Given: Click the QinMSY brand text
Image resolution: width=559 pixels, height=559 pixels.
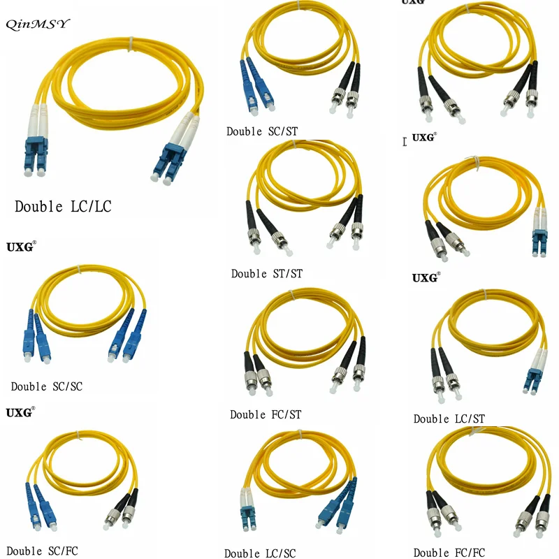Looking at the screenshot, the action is pyautogui.click(x=38, y=24).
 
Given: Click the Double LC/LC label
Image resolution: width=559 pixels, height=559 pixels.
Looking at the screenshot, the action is pyautogui.click(x=63, y=207).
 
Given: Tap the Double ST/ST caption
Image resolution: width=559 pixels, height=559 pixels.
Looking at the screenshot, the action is pyautogui.click(x=267, y=273).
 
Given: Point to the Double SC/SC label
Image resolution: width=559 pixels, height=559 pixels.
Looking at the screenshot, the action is pyautogui.click(x=46, y=386).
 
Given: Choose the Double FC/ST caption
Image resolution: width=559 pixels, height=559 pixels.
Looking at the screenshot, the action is pyautogui.click(x=266, y=414).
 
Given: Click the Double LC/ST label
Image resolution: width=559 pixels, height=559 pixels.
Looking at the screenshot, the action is pyautogui.click(x=449, y=419).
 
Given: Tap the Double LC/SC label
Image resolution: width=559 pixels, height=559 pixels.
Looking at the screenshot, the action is pyautogui.click(x=260, y=553).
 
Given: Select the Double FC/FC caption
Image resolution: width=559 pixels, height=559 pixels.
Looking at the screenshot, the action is pyautogui.click(x=449, y=553).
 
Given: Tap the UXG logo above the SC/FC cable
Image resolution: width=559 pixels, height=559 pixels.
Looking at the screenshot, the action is pyautogui.click(x=20, y=413).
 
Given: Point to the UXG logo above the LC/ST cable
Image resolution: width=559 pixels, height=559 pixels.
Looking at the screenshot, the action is pyautogui.click(x=426, y=277).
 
